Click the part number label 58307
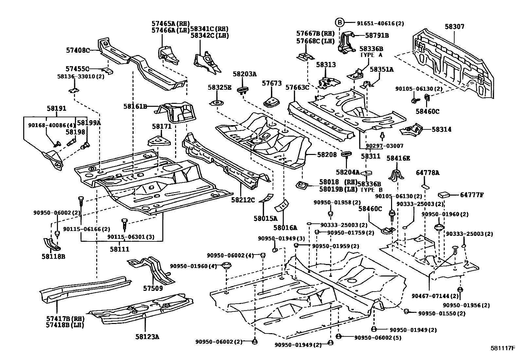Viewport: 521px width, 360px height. pyautogui.click(x=454, y=27)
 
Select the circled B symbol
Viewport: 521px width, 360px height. pyautogui.click(x=340, y=23)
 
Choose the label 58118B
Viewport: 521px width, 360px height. pyautogui.click(x=53, y=256)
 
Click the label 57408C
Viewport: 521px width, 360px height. pyautogui.click(x=78, y=50)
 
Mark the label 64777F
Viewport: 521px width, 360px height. pyautogui.click(x=472, y=195)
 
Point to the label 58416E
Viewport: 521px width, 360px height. pyautogui.click(x=398, y=158)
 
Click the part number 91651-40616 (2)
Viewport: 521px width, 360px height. pyautogui.click(x=380, y=23)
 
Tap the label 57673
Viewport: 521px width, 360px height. pyautogui.click(x=272, y=84)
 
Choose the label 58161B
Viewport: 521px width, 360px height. pyautogui.click(x=135, y=106)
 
